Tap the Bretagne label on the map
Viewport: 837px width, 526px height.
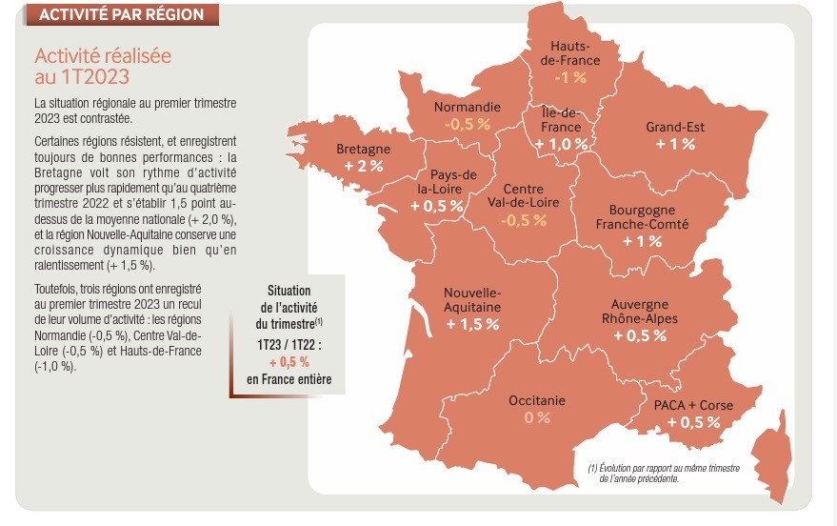(363, 150)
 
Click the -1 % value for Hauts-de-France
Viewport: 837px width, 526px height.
(571, 78)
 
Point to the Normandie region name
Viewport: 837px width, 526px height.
(467, 107)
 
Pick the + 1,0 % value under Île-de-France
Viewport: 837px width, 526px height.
(561, 144)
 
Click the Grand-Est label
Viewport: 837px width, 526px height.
(675, 127)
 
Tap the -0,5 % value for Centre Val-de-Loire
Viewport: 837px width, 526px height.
(523, 220)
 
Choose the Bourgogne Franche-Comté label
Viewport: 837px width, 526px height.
(642, 216)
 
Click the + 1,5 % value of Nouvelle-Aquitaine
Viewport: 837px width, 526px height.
(471, 324)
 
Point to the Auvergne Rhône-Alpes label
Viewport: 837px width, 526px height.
(639, 312)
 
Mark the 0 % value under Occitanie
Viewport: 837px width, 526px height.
(537, 417)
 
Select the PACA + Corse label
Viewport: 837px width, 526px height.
(693, 405)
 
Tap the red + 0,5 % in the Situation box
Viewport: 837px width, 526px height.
(289, 362)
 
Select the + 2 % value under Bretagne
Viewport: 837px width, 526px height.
(363, 166)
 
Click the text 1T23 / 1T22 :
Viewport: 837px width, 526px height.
(288, 345)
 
